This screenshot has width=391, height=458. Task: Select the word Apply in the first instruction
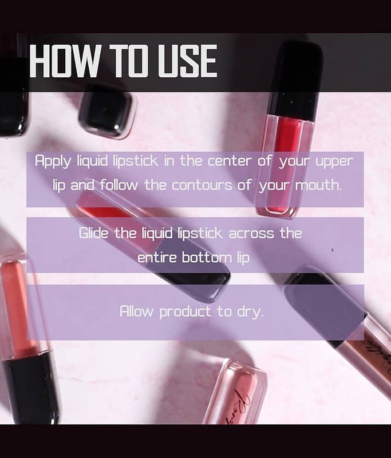(x=53, y=161)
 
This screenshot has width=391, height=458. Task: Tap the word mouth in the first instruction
(x=318, y=185)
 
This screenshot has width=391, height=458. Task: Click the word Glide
(x=93, y=233)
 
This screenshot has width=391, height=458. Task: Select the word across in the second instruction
(x=251, y=234)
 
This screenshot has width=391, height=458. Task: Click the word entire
(x=157, y=258)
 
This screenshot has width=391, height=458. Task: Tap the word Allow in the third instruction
(x=136, y=311)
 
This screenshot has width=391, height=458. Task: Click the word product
(x=185, y=312)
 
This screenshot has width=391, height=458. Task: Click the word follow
(x=119, y=185)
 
